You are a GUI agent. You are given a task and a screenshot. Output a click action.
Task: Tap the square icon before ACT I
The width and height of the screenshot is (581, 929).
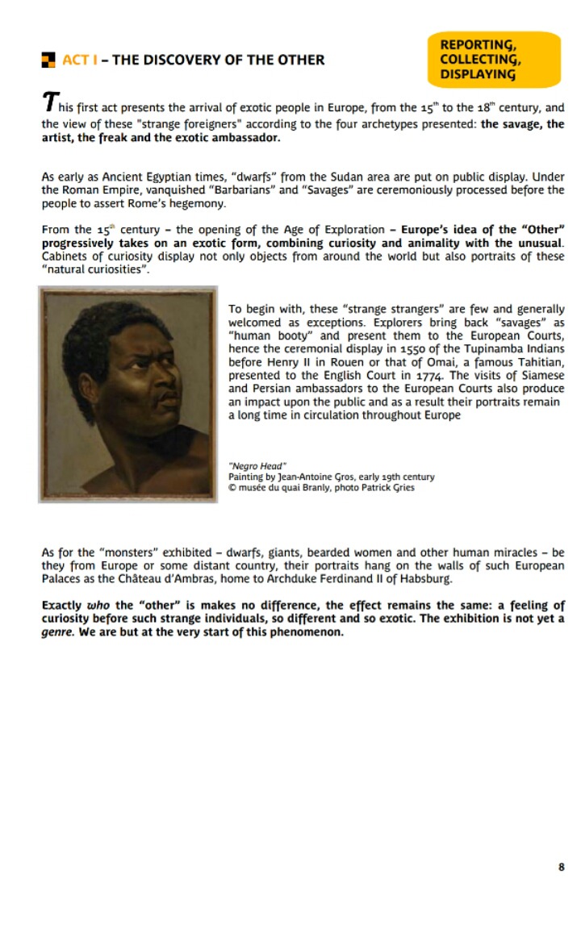coord(48,60)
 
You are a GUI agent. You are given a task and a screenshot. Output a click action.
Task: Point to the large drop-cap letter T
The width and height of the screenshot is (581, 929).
coord(50,102)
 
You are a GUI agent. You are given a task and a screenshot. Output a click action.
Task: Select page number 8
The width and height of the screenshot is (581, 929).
coord(561,867)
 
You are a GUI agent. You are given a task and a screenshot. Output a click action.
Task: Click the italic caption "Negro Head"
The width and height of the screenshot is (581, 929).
coord(257,466)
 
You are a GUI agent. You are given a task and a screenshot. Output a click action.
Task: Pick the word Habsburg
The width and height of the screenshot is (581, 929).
coord(427,579)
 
